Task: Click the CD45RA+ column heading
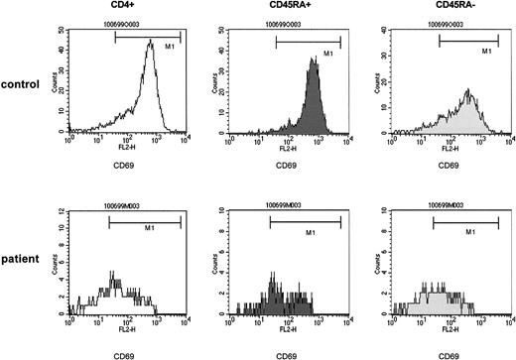click(x=279, y=6)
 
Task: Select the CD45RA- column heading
click(x=441, y=6)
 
